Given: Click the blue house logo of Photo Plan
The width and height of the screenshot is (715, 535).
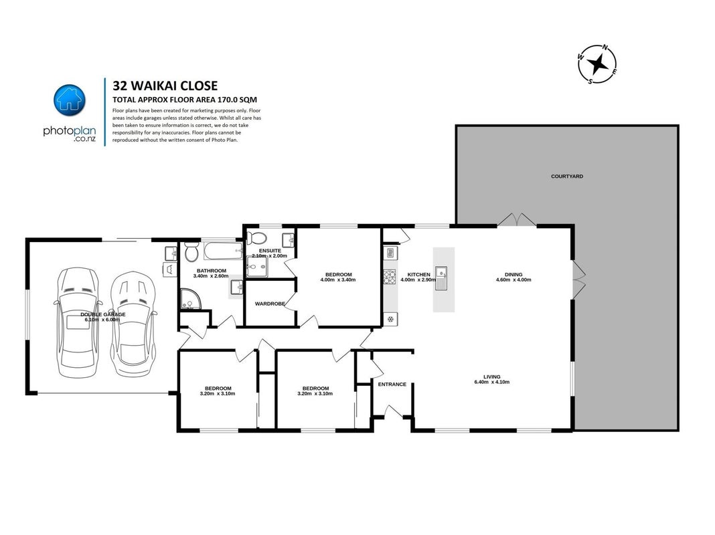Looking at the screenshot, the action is (70, 100).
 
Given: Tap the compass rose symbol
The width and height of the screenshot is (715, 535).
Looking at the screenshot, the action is (597, 64).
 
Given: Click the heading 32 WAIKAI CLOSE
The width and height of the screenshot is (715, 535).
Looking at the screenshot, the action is (165, 86).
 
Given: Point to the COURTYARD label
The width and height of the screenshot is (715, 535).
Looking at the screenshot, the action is (567, 176).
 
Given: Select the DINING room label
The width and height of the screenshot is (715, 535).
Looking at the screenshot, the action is (513, 275).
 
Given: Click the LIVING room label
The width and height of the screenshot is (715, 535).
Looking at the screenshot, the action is (492, 377).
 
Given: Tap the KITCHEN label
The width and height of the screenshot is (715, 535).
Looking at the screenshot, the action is (418, 275).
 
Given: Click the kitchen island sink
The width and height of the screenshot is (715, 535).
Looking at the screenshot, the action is (441, 278).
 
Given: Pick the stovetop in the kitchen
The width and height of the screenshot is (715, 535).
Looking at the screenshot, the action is (390, 277).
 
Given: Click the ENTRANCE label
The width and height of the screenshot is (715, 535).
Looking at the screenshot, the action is (392, 385).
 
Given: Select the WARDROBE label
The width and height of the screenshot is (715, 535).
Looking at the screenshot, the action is (270, 304).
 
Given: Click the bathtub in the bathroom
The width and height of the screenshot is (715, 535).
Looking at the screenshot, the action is (223, 250).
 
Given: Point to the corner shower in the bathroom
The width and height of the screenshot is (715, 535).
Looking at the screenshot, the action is (190, 299).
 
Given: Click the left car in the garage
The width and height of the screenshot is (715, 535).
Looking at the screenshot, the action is (78, 322).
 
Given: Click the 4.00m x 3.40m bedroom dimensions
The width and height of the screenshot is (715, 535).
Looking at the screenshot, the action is (338, 280).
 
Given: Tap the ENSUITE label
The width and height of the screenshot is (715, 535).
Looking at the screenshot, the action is (270, 251).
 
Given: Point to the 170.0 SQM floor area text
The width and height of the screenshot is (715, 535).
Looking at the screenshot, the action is (238, 100).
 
